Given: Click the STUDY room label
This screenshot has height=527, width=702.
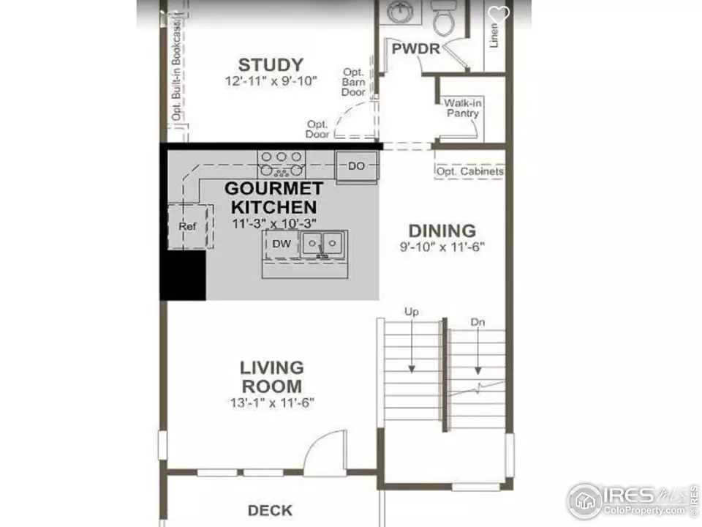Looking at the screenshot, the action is click(x=271, y=65).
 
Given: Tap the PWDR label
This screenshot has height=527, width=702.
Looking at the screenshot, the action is click(x=416, y=49).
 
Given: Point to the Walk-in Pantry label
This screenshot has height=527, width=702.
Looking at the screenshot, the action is click(x=462, y=108).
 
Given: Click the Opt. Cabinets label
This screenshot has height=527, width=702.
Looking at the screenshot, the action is click(x=470, y=171).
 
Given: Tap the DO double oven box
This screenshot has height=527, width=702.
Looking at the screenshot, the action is click(x=357, y=166).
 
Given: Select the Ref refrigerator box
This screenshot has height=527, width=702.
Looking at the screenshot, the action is click(x=188, y=226).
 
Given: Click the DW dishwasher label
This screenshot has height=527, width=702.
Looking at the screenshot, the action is click(x=282, y=244).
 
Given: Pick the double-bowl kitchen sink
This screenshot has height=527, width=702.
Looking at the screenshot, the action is click(x=323, y=244).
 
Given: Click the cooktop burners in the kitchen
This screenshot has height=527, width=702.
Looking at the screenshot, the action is click(x=281, y=164).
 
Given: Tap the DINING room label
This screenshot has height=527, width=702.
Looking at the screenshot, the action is click(x=442, y=231).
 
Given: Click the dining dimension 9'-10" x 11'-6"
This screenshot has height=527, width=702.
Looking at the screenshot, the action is click(x=442, y=247).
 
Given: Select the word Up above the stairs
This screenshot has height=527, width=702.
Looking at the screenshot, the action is click(x=412, y=312).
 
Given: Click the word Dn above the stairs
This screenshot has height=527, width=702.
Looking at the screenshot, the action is click(x=478, y=322).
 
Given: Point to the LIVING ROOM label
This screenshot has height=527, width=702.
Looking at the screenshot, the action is click(x=272, y=377).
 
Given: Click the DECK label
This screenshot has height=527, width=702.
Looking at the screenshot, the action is click(x=270, y=510).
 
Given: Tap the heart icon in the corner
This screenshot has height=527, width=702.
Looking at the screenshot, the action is click(x=498, y=14).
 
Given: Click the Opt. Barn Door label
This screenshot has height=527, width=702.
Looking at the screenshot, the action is click(x=354, y=82).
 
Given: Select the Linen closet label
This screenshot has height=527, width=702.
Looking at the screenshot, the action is click(x=494, y=35).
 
